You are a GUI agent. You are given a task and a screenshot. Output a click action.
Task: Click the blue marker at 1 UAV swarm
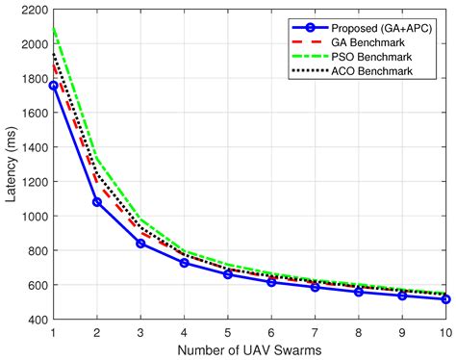[x=53, y=86]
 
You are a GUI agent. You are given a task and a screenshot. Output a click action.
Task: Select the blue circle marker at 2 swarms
[x=96, y=202]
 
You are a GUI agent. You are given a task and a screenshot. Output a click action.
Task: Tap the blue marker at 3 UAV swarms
[x=140, y=244]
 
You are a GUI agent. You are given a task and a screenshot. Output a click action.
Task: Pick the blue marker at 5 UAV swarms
[x=228, y=274]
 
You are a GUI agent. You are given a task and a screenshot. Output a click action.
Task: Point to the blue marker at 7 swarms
[x=316, y=287]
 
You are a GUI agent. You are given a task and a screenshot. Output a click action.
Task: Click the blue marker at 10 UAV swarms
[x=446, y=299]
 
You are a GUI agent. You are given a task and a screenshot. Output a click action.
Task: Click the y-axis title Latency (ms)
[x=11, y=165]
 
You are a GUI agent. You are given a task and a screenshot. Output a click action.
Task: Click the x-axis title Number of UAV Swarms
[x=249, y=350]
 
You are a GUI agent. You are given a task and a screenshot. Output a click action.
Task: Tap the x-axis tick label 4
[x=184, y=331]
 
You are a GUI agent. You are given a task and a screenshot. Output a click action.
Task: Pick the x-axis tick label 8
[x=359, y=331]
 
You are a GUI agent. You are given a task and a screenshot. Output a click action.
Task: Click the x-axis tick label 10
[x=444, y=331]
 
